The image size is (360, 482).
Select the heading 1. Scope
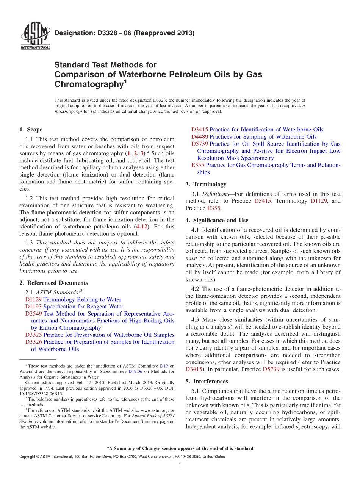click(x=31, y=130)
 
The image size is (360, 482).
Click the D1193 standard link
click(x=33, y=307)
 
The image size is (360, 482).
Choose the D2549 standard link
click(x=33, y=314)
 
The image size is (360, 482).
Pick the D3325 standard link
click(x=33, y=335)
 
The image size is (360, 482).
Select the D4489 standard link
click(x=200, y=137)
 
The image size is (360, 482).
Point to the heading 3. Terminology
click(x=206, y=185)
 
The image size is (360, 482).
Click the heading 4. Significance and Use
click(x=217, y=220)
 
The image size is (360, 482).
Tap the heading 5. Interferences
click(x=207, y=381)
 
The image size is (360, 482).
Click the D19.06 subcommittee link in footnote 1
click(x=135, y=372)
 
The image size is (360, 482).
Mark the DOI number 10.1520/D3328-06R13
click(x=41, y=394)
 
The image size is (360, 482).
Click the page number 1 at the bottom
click(x=180, y=465)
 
